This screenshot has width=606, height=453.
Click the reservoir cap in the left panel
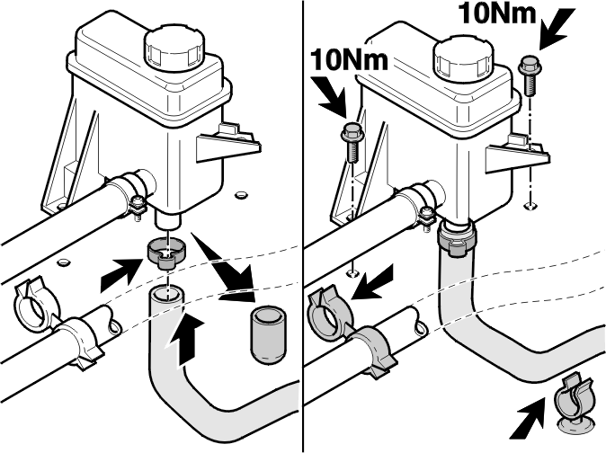173,49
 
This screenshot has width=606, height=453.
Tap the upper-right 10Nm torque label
497,14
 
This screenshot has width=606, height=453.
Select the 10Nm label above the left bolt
349,60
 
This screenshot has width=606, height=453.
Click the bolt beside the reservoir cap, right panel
530,75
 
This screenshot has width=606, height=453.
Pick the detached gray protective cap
269,334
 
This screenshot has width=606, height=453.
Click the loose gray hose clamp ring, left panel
166,253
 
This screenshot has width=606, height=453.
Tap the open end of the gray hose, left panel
167,293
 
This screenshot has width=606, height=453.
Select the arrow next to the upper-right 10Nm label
557,28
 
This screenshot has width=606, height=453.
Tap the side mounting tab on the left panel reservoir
228,144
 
